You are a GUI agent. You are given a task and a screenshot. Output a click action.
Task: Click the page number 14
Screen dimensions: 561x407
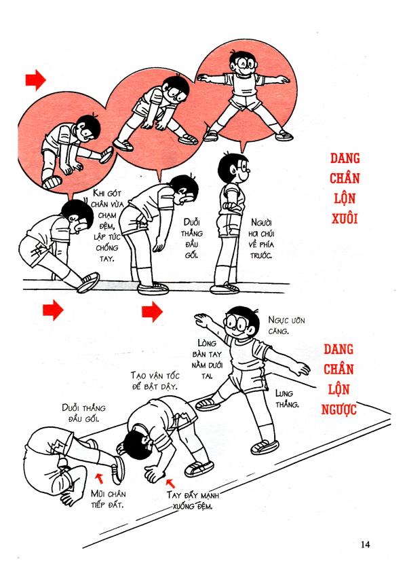366,544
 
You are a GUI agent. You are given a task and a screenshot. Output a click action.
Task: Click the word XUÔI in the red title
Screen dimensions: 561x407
345,219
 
